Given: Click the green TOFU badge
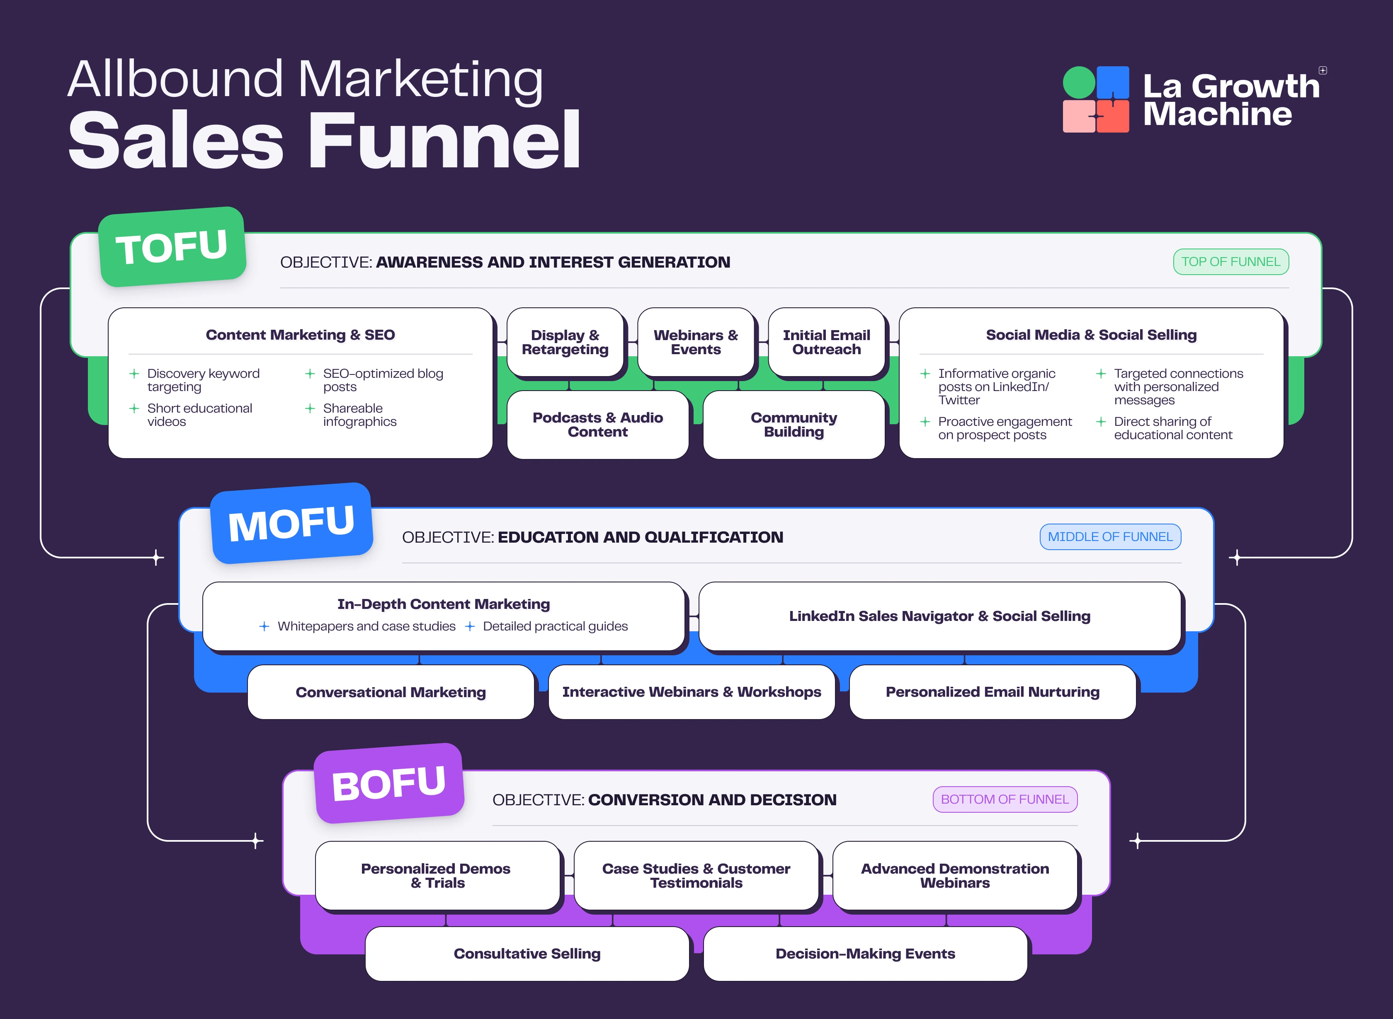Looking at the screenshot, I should click(x=172, y=247).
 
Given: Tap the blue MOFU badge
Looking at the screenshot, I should click(x=292, y=523).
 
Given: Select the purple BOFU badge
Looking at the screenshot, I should click(x=389, y=783).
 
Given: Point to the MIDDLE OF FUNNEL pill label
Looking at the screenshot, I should click(x=1110, y=537).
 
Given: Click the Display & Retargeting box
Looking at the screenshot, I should click(x=565, y=342).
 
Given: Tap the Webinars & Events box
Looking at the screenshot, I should click(x=696, y=342).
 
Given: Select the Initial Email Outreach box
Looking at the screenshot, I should click(x=826, y=342).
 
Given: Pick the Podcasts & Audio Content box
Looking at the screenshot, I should click(x=597, y=425).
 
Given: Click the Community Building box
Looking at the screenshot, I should click(x=794, y=425).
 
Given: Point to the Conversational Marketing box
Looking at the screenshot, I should click(x=391, y=692).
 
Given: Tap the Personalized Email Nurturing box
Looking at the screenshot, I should click(x=993, y=692).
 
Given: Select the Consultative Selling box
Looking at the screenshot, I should click(x=527, y=954).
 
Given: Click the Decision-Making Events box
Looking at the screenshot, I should click(x=865, y=954).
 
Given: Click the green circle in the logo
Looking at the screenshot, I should click(x=1079, y=83).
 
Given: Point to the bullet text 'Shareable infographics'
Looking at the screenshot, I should click(x=359, y=415).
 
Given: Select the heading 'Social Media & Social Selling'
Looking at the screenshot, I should click(x=1091, y=335).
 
